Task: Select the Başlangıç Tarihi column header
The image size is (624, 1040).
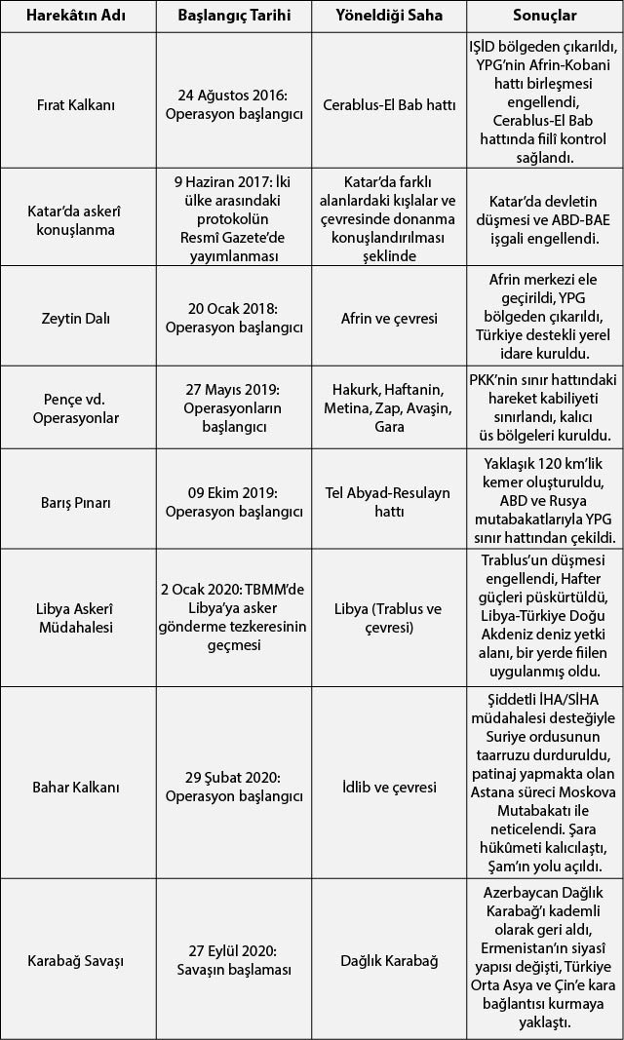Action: point(234,17)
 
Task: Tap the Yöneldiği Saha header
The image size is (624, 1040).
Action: point(388,17)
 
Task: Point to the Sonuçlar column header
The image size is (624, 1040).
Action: point(545,17)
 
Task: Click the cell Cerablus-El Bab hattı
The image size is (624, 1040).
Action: point(388,104)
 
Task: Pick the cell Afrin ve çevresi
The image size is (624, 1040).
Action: point(388,318)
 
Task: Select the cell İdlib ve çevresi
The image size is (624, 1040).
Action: point(388,787)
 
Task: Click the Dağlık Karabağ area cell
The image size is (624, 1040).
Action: point(388,961)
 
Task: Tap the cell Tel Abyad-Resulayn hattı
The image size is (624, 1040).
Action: point(388,502)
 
